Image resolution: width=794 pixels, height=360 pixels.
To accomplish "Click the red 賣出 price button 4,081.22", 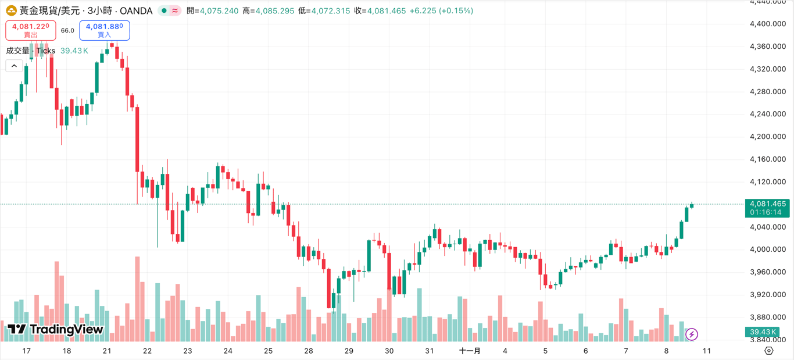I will [x=31, y=30].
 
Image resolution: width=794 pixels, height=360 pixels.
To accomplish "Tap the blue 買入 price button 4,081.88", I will [x=105, y=30].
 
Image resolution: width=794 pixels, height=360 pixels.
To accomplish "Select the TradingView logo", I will [x=55, y=330].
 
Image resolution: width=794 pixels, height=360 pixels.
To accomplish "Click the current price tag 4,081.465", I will [x=767, y=204].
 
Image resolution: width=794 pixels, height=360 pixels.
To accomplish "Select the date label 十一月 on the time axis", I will [x=470, y=351].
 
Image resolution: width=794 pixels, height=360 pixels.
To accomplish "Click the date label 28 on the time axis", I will [x=308, y=351].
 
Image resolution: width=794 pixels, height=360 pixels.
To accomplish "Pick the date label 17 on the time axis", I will [x=26, y=351].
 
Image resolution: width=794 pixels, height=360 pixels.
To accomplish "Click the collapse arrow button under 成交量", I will [x=15, y=66].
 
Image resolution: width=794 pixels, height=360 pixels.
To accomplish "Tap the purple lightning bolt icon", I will [x=692, y=334].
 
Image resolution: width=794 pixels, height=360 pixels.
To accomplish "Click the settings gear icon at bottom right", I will [x=769, y=351].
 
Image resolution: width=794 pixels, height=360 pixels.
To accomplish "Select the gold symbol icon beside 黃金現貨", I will [x=11, y=10].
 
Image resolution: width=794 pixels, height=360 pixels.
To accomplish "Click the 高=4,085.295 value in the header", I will [x=268, y=11].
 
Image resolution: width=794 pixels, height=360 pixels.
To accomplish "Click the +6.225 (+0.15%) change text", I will [x=441, y=11].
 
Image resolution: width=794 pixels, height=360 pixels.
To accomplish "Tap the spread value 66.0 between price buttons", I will [x=67, y=30].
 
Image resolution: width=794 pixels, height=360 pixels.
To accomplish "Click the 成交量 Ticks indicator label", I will [x=30, y=51].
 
